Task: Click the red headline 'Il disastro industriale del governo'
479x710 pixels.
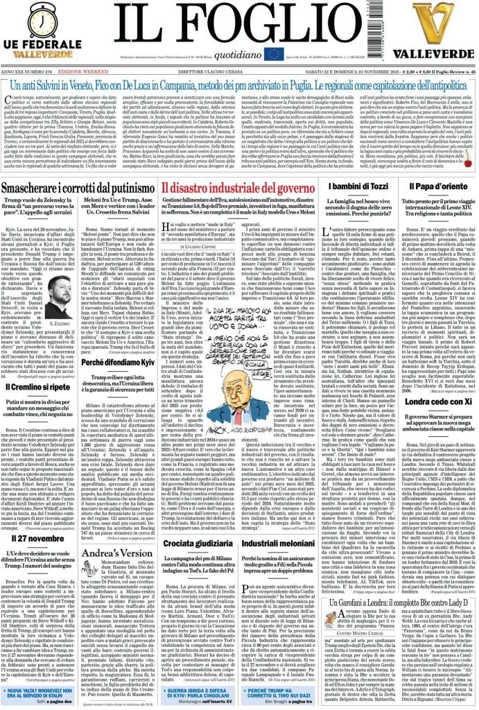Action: tap(238, 188)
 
